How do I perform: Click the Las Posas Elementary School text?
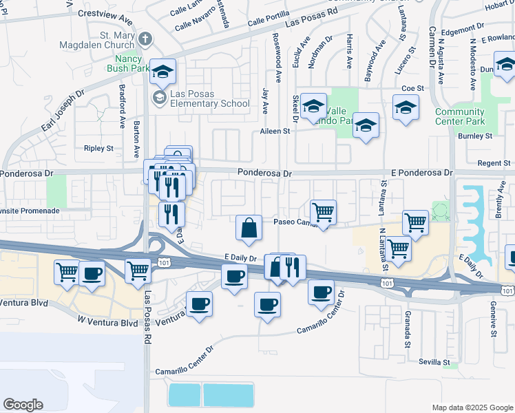point(210,99)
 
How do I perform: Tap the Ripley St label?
point(98,148)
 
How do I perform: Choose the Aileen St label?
point(274,131)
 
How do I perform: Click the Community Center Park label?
point(459,116)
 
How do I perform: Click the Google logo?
point(23,405)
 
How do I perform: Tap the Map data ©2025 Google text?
point(472,407)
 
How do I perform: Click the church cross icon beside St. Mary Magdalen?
point(145,39)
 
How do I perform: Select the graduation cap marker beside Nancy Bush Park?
point(162,72)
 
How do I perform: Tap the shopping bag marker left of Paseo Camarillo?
point(249,228)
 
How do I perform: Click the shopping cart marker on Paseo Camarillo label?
point(323,213)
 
